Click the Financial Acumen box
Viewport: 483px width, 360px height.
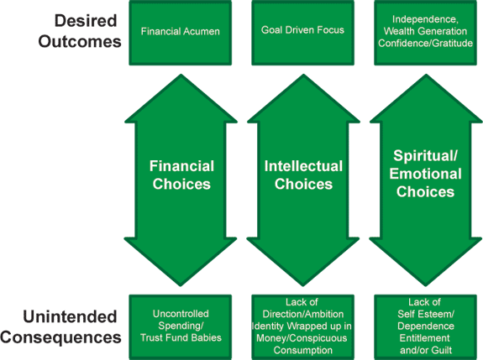pyautogui.click(x=181, y=33)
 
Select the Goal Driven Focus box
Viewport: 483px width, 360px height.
pyautogui.click(x=302, y=33)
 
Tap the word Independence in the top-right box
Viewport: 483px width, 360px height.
pyautogui.click(x=425, y=19)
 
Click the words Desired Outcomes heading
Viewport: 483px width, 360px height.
pyautogui.click(x=80, y=31)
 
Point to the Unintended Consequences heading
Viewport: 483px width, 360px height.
pyautogui.click(x=60, y=326)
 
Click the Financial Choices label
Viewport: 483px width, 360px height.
pyautogui.click(x=181, y=175)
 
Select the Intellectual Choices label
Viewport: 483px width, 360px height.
pyautogui.click(x=303, y=175)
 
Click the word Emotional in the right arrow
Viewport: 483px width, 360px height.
pyautogui.click(x=425, y=174)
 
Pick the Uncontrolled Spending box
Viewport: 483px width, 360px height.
pyautogui.click(x=181, y=326)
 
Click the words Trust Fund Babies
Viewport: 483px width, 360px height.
pyautogui.click(x=181, y=338)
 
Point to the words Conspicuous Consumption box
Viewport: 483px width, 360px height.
pyautogui.click(x=302, y=326)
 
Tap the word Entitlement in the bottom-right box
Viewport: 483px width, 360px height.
pyautogui.click(x=424, y=338)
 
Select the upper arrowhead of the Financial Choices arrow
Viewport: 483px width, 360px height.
pyautogui.click(x=181, y=98)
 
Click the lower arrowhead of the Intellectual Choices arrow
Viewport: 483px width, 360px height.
pyautogui.click(x=303, y=262)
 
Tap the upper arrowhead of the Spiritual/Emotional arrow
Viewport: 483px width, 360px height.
pyautogui.click(x=426, y=98)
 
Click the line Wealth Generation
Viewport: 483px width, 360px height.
pyautogui.click(x=425, y=31)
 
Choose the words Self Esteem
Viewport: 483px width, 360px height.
pyautogui.click(x=425, y=314)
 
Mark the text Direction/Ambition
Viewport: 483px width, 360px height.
pyautogui.click(x=302, y=314)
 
